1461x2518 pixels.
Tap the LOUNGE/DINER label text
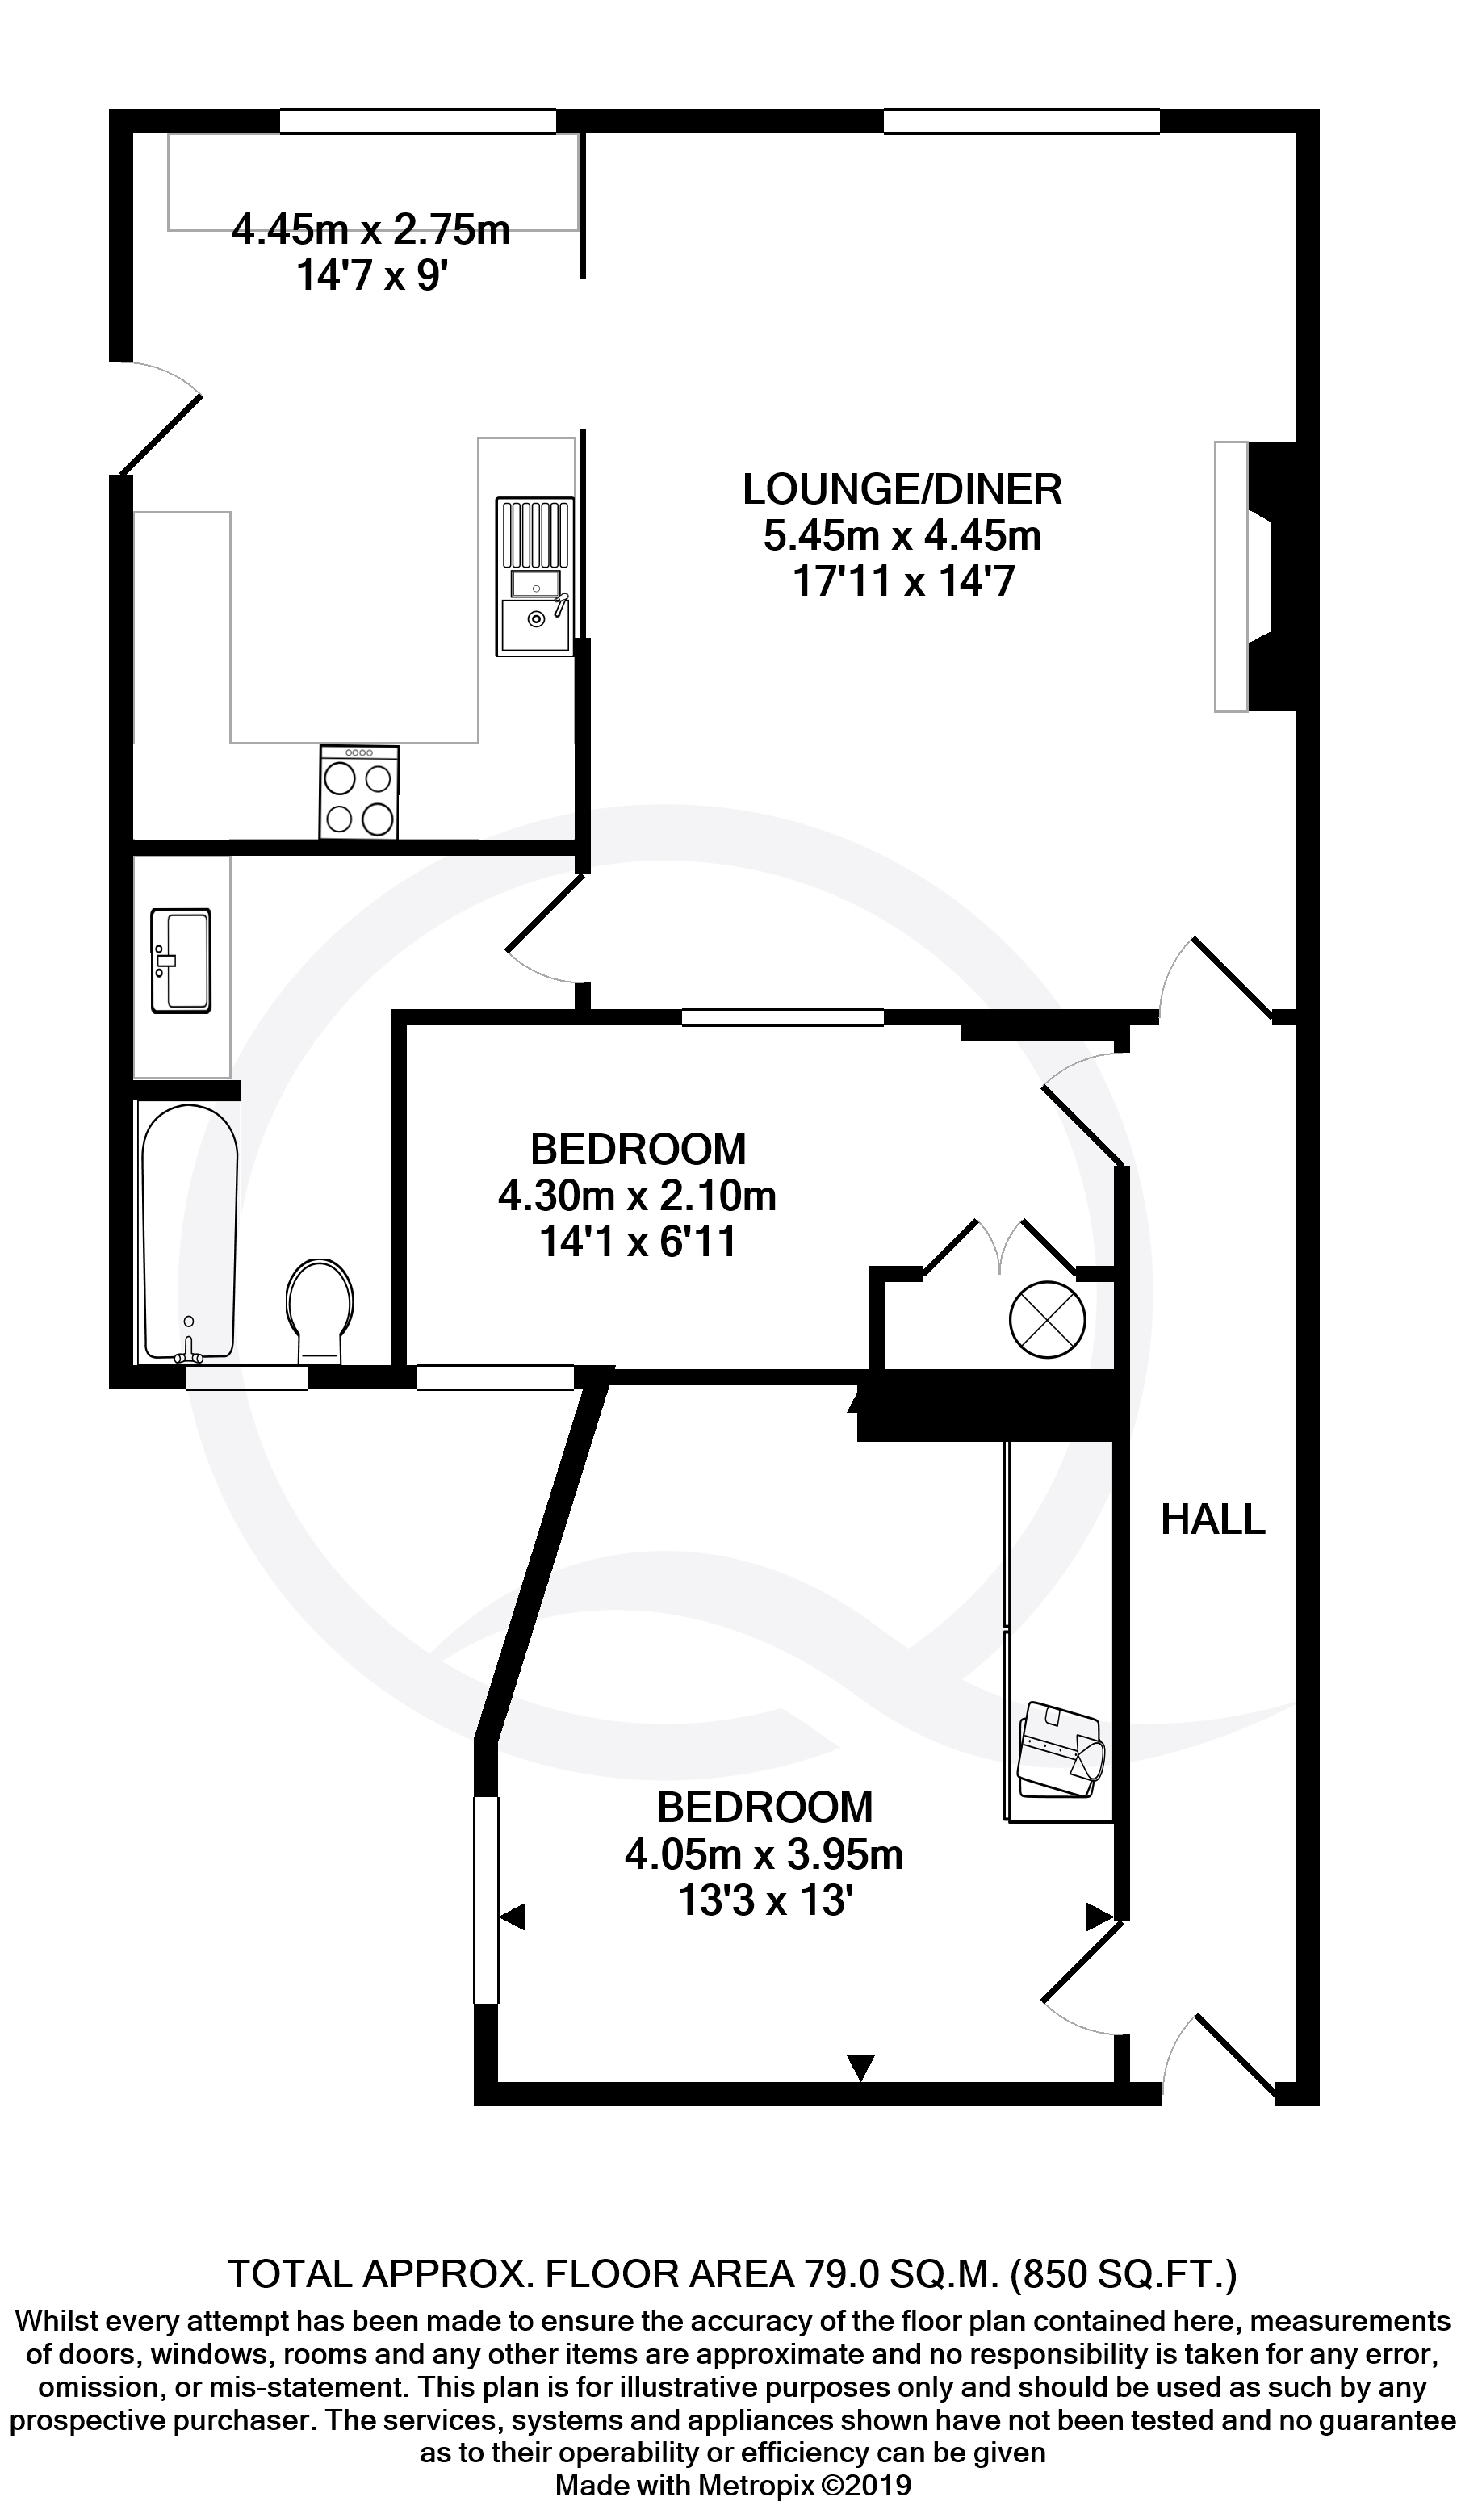coord(902,488)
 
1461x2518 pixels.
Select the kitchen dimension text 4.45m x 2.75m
coord(370,230)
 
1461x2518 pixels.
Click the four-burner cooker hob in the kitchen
coord(358,792)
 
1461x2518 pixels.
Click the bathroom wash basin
coord(181,960)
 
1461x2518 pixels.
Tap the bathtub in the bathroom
coord(190,1233)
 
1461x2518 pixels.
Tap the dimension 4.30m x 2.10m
coord(638,1196)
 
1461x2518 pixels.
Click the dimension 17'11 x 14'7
coord(902,580)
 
